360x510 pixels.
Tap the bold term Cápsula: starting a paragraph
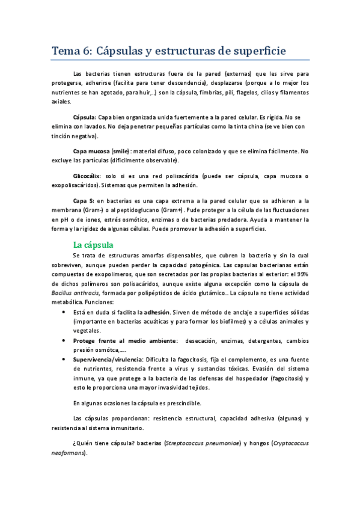[x=84, y=117]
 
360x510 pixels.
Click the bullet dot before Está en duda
[x=64, y=313]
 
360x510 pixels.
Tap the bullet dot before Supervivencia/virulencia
[x=64, y=359]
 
